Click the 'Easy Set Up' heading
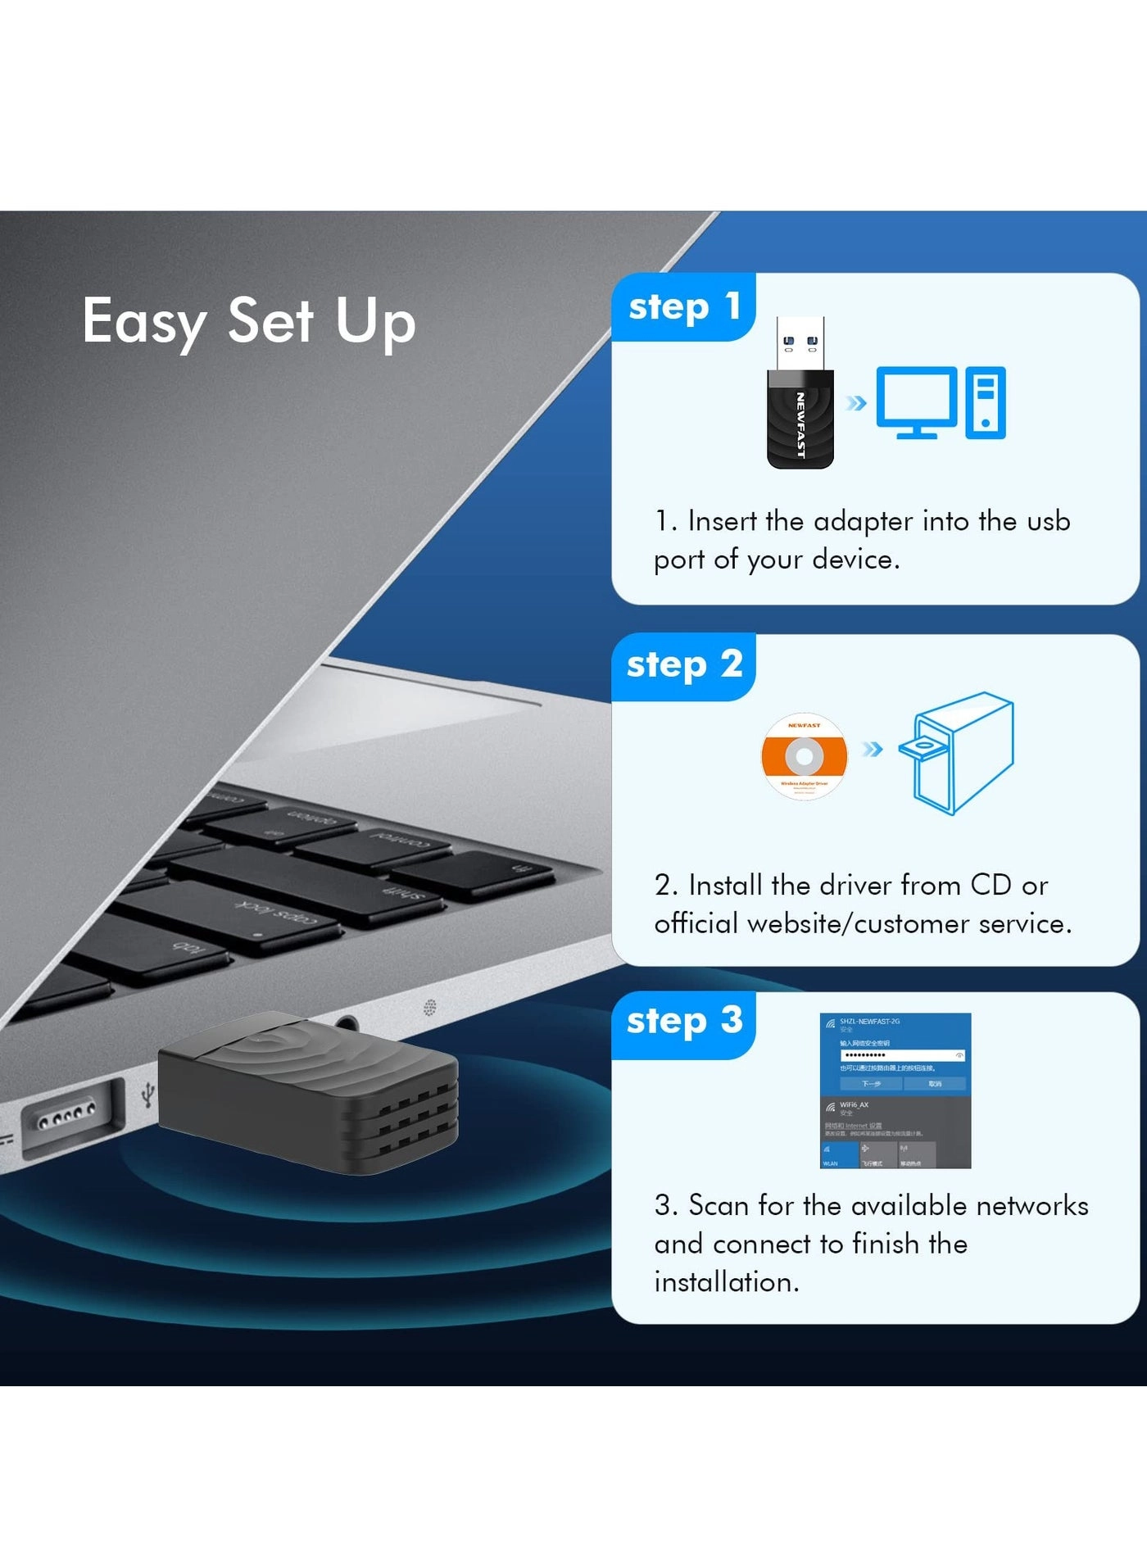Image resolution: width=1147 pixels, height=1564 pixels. [249, 321]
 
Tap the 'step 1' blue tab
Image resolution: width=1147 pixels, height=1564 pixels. [683, 307]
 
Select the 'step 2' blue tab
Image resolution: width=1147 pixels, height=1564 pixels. [683, 665]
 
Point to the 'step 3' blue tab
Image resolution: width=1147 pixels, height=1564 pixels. [683, 1022]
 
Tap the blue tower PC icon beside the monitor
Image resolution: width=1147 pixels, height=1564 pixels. [986, 402]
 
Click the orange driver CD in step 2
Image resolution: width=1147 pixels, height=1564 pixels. [804, 755]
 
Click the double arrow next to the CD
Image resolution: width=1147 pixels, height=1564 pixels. [873, 749]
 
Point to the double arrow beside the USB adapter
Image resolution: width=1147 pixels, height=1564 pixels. [856, 402]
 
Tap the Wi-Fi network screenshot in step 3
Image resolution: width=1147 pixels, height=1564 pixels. [895, 1090]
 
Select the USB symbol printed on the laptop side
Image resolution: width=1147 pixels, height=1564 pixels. [147, 1094]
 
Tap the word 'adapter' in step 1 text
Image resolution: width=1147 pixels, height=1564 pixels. [863, 522]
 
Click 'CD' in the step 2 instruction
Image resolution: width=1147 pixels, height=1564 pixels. [991, 886]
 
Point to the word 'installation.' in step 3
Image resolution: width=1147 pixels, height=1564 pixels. [727, 1282]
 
